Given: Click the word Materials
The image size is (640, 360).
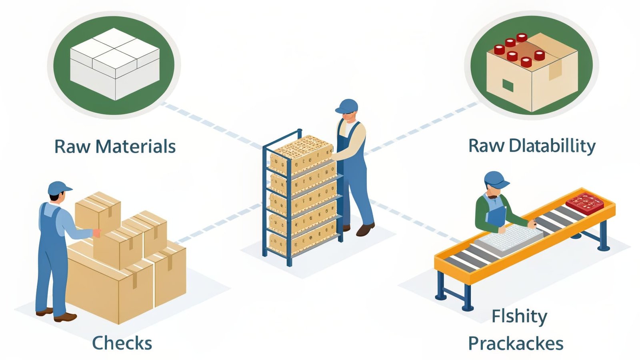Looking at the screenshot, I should [x=136, y=146].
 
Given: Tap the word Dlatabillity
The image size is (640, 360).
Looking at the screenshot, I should [x=552, y=146].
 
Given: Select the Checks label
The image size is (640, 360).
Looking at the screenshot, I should [x=122, y=343].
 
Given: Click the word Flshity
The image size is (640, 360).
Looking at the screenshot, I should [x=519, y=316].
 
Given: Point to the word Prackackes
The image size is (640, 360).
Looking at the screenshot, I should [x=516, y=343].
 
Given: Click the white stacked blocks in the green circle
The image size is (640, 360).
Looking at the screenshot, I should [x=115, y=64].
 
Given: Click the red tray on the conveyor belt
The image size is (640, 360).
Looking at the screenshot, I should [x=584, y=202].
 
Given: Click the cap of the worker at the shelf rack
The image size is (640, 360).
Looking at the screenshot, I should [x=347, y=106].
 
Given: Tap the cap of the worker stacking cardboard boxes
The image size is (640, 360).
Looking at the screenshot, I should [x=59, y=188].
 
